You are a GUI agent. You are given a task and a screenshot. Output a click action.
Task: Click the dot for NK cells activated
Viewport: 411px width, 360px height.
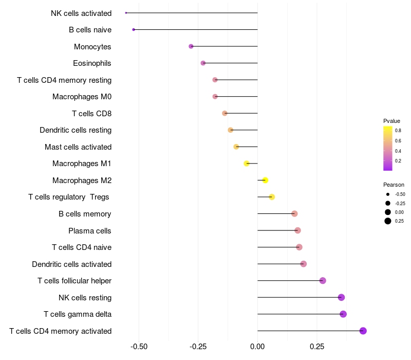click(126, 13)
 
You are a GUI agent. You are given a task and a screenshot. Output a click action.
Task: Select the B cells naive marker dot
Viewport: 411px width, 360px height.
click(134, 30)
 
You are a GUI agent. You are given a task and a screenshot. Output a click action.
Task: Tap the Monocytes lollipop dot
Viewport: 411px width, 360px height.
click(191, 46)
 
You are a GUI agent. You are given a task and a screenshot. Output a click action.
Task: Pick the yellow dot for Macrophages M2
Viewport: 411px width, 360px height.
click(265, 181)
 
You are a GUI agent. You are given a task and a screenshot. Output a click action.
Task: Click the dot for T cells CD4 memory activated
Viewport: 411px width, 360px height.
click(363, 331)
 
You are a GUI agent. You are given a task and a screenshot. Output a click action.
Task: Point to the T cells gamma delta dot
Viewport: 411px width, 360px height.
click(343, 314)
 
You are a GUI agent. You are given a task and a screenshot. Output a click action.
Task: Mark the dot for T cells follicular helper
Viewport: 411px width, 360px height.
click(323, 281)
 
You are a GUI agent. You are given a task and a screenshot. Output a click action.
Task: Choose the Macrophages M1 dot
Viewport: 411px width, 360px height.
click(247, 164)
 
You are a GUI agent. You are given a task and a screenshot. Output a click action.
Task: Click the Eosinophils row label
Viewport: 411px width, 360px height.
click(92, 63)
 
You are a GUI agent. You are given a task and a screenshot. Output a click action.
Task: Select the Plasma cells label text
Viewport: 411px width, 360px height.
click(89, 231)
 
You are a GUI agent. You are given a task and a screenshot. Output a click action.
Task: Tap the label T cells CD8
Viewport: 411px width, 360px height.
click(92, 114)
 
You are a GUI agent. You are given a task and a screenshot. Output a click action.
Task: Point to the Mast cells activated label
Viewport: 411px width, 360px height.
click(78, 147)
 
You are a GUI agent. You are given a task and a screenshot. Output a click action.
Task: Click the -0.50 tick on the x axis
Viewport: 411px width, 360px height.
click(139, 347)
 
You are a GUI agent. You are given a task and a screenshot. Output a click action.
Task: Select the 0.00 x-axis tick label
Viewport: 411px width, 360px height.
click(257, 347)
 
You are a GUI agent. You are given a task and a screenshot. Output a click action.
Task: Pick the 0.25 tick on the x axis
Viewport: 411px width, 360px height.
click(317, 347)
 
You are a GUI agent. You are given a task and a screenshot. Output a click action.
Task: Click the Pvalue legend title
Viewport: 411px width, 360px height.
click(391, 121)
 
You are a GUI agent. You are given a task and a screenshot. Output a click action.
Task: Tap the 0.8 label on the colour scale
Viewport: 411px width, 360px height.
click(398, 131)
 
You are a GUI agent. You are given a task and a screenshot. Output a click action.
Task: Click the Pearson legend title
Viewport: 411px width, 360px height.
click(394, 185)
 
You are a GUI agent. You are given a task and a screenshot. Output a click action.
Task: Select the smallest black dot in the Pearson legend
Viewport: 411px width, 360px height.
click(388, 194)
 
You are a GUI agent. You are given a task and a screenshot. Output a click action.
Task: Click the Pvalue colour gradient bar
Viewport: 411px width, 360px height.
click(388, 148)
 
